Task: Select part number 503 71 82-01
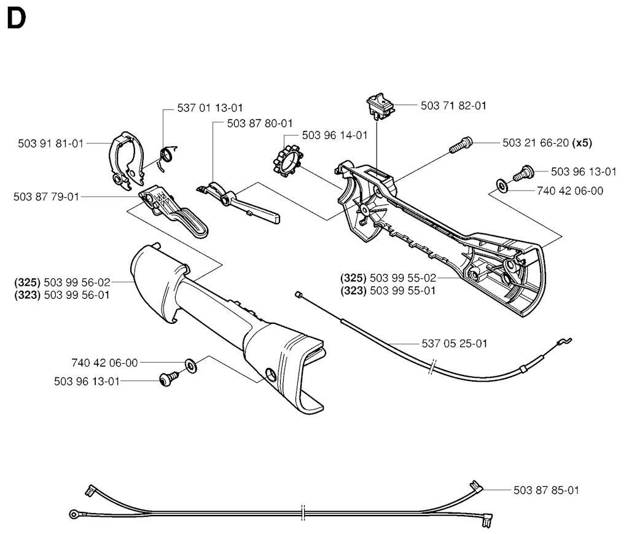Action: pos(453,106)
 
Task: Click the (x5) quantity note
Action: pos(582,143)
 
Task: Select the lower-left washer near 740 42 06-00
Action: pos(190,366)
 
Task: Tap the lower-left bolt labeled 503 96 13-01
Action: pos(168,381)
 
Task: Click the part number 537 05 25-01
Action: pos(455,344)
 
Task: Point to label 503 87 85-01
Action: pos(546,490)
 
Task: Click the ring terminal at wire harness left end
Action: pos(74,514)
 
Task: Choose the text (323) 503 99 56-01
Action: pos(62,294)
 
